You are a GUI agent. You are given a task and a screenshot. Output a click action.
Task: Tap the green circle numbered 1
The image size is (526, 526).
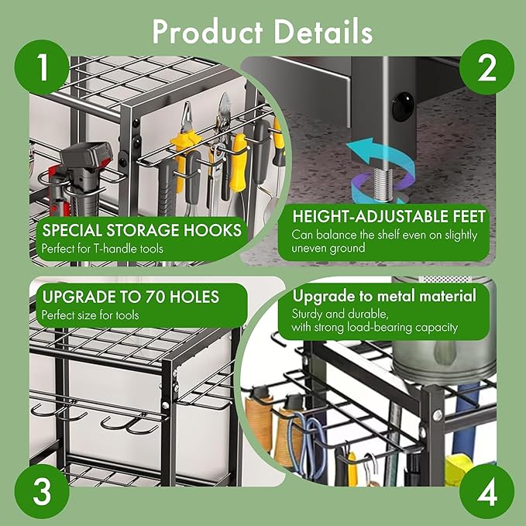(42, 68)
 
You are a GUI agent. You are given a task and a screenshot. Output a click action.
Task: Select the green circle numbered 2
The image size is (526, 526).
(486, 68)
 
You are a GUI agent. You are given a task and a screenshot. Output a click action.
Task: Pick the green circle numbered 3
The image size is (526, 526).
(42, 491)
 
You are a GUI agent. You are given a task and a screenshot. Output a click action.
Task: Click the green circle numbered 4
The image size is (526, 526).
(486, 491)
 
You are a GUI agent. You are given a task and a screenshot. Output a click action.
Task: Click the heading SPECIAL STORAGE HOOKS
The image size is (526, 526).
(141, 231)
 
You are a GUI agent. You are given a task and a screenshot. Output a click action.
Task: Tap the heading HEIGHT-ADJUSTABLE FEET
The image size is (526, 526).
(388, 216)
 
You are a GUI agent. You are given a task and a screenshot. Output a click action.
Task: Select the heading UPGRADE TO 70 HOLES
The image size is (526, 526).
(130, 296)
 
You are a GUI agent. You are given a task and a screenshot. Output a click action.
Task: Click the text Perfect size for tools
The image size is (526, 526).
(91, 315)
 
